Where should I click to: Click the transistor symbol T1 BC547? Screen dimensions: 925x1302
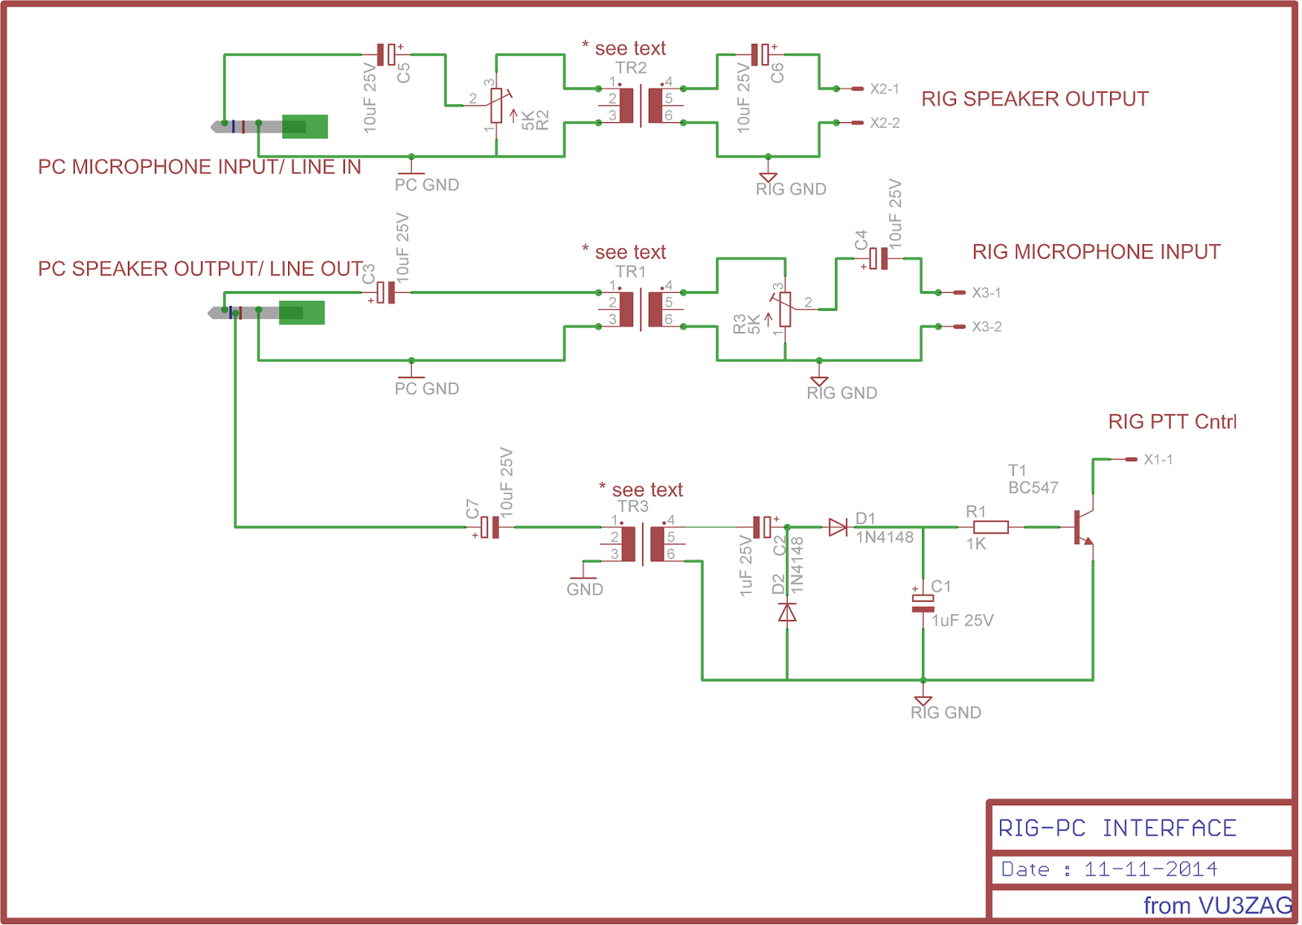(x=1082, y=527)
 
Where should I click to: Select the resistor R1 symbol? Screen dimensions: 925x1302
(x=990, y=527)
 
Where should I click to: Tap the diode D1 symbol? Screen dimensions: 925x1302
(x=838, y=527)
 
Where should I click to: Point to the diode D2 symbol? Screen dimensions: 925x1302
(x=787, y=612)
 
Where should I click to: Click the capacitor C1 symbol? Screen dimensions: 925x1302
(x=923, y=603)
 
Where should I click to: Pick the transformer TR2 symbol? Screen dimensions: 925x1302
(x=641, y=105)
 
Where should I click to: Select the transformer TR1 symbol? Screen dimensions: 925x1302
(x=641, y=309)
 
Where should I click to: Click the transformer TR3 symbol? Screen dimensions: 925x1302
(x=643, y=543)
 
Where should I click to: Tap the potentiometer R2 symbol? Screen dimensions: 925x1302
(x=496, y=105)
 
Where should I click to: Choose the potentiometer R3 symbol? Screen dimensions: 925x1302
(x=784, y=309)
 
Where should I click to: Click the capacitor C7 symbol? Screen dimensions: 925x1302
(x=489, y=527)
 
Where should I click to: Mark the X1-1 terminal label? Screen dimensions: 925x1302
(x=1158, y=460)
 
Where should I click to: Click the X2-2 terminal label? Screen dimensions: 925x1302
(x=885, y=123)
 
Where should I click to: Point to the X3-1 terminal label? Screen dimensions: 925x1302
(x=986, y=292)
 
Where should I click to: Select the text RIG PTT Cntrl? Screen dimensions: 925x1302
(x=1172, y=421)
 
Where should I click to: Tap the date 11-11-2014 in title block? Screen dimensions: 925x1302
(x=1150, y=869)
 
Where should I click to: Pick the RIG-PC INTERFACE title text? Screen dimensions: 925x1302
(x=1116, y=828)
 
